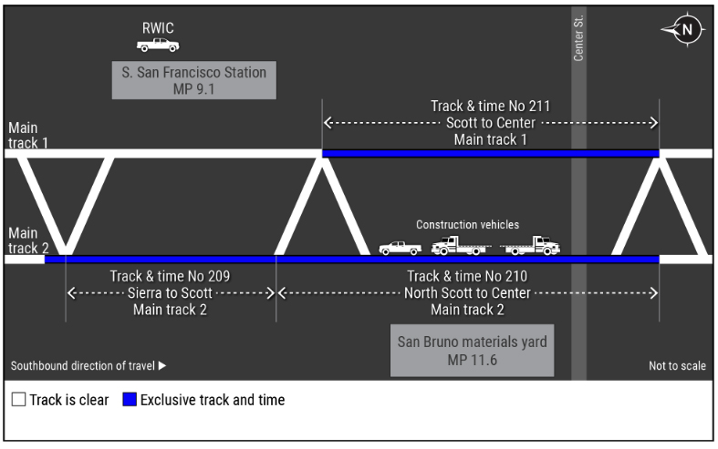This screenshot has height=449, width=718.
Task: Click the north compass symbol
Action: click(684, 29)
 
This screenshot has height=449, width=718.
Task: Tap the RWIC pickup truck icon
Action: click(158, 45)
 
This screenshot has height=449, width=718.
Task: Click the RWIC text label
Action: click(158, 27)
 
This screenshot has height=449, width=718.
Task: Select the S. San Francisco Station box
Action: click(194, 80)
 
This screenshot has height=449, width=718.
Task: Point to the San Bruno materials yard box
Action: click(472, 351)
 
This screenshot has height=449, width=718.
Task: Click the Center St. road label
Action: click(578, 41)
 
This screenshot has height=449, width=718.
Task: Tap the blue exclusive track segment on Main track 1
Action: click(490, 153)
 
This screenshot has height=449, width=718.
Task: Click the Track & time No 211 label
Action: click(490, 107)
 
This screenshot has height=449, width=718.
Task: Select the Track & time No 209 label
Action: click(171, 277)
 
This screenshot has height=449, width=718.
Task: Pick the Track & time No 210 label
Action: click(467, 277)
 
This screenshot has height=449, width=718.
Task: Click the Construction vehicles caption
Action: click(467, 225)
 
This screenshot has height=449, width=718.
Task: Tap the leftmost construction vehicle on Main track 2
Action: click(401, 247)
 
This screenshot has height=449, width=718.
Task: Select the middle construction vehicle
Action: click(459, 245)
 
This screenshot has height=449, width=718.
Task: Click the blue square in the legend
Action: click(130, 400)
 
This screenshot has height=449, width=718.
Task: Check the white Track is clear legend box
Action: click(18, 400)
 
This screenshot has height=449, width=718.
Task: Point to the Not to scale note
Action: click(676, 366)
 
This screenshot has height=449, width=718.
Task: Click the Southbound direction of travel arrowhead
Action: click(162, 366)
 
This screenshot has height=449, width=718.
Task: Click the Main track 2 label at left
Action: click(24, 240)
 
